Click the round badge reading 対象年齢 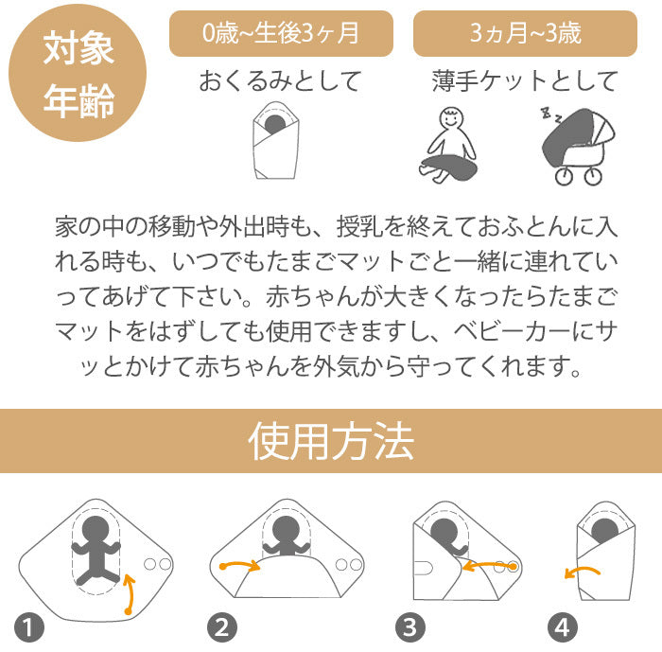coord(78,73)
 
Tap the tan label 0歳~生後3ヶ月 coord(281,33)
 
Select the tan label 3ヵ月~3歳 coord(525,33)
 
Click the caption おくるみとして coord(281,80)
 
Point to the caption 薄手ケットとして coord(525,80)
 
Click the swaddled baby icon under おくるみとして coord(276,140)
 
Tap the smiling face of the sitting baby coord(451,118)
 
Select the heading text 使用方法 coord(331,441)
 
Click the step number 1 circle coord(29,627)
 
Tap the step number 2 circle coord(222,627)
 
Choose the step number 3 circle coord(410,627)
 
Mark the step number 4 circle coord(563,627)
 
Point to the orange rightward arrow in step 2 coord(240,564)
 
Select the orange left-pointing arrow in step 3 coord(490,565)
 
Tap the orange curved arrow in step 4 coord(583,571)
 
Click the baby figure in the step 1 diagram coord(96,550)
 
